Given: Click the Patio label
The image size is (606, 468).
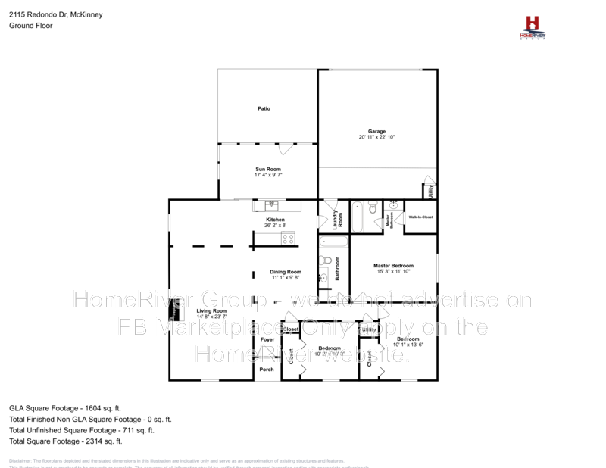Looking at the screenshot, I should pyautogui.click(x=264, y=108).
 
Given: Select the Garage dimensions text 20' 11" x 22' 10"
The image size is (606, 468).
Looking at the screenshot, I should pyautogui.click(x=377, y=137).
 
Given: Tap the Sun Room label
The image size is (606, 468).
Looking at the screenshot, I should pyautogui.click(x=268, y=169).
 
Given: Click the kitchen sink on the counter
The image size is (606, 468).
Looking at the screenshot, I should pyautogui.click(x=271, y=204).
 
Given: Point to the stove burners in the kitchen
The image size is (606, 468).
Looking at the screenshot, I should pyautogui.click(x=288, y=239).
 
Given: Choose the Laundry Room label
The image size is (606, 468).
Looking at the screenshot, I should pyautogui.click(x=338, y=219).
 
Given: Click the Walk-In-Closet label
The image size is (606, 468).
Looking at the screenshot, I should pyautogui.click(x=420, y=217).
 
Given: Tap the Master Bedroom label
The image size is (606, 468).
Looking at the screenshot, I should pyautogui.click(x=393, y=265).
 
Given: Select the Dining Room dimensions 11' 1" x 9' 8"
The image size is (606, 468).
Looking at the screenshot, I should pyautogui.click(x=286, y=277).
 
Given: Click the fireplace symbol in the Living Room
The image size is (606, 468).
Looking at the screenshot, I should pyautogui.click(x=174, y=309).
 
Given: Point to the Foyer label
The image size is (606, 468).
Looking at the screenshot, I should pyautogui.click(x=267, y=339).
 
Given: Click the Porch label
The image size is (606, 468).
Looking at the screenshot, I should pyautogui.click(x=267, y=370).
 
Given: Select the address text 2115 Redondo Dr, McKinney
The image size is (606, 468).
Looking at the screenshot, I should pyautogui.click(x=56, y=14).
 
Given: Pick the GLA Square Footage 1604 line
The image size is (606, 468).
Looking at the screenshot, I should pyautogui.click(x=64, y=407).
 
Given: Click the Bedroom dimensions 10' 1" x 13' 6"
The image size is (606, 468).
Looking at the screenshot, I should pyautogui.click(x=408, y=345).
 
